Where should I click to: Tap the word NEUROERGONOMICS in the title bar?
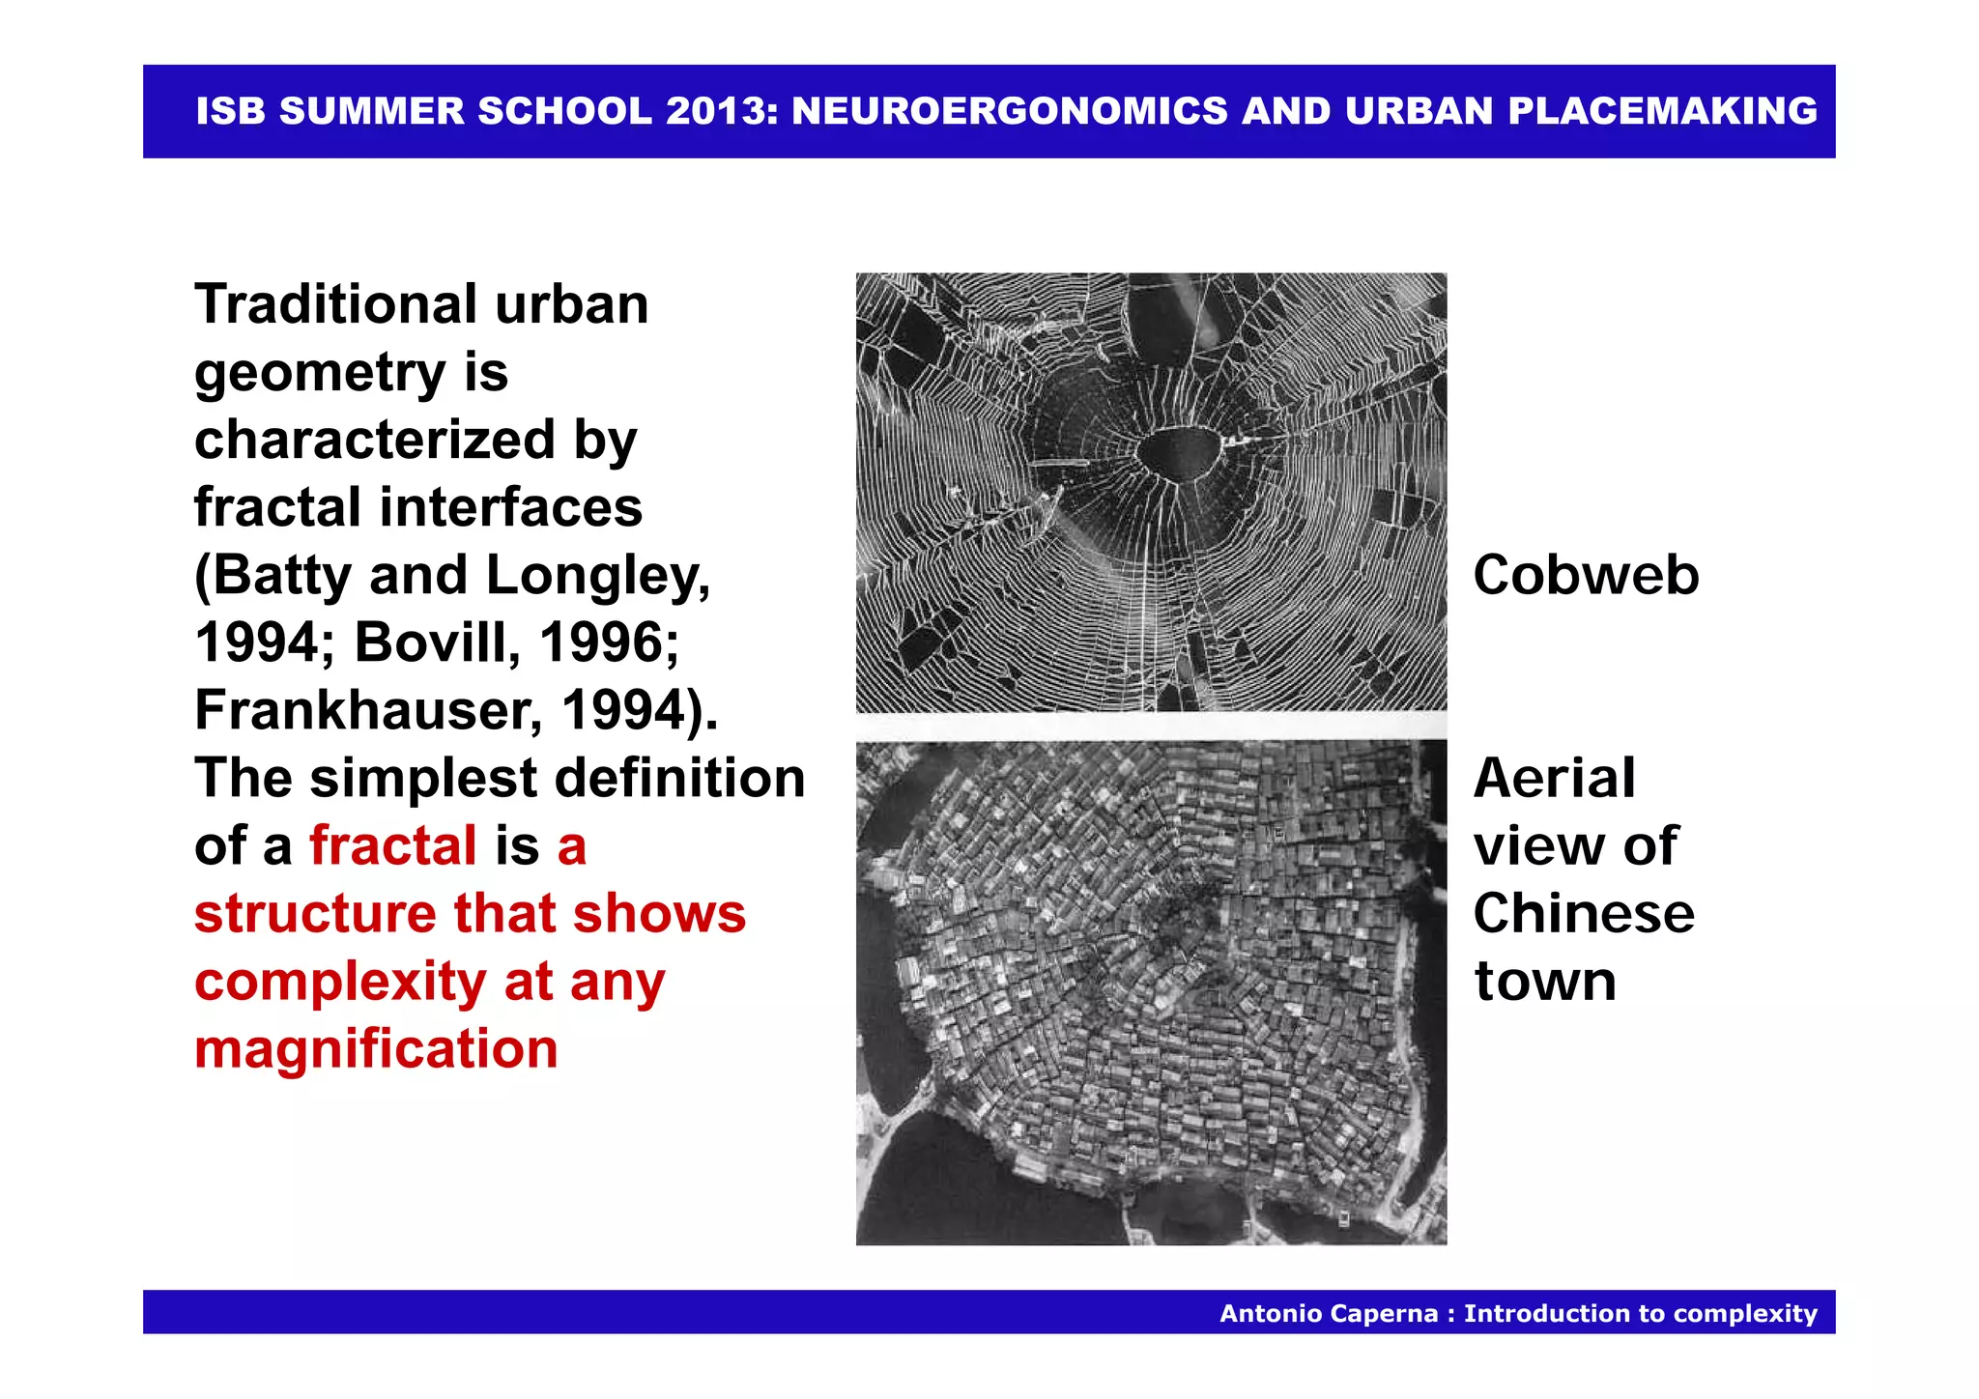pyautogui.click(x=1010, y=111)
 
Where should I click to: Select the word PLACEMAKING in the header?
pyautogui.click(x=1662, y=111)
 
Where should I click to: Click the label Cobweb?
pyautogui.click(x=1586, y=575)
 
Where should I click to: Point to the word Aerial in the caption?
pyautogui.click(x=1554, y=778)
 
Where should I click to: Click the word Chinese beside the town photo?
pyautogui.click(x=1584, y=913)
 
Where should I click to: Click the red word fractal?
pyautogui.click(x=393, y=845)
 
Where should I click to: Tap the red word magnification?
pyautogui.click(x=376, y=1048)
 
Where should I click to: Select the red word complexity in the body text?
pyautogui.click(x=339, y=983)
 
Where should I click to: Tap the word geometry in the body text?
pyautogui.click(x=320, y=374)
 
